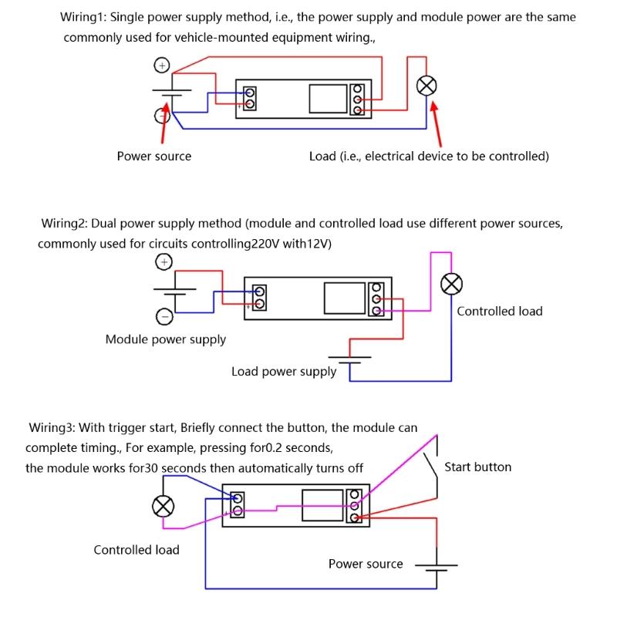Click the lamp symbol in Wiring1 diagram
pos(426,86)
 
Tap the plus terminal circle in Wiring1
pos(162,66)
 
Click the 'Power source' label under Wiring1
pos(154,156)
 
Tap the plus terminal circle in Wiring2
pos(164,263)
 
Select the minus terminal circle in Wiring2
pos(164,315)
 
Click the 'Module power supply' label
pos(166,339)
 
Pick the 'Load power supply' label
pos(284,372)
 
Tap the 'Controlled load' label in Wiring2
pos(499,312)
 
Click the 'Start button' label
pos(477,467)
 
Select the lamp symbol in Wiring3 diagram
pos(164,506)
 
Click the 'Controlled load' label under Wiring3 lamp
pos(137,550)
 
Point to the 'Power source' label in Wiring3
pos(366,564)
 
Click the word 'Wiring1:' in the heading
pos(84,17)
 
